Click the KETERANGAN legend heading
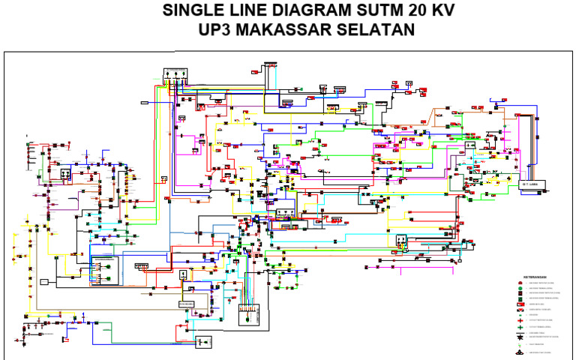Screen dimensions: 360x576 pyautogui.click(x=535, y=277)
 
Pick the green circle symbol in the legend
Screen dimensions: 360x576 pyautogui.click(x=520, y=288)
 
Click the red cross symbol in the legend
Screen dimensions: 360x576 pyautogui.click(x=520, y=320)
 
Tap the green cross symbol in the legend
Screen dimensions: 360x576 pyautogui.click(x=520, y=328)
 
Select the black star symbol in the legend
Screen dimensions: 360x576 pyautogui.click(x=520, y=337)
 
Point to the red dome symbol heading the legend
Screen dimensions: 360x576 pyautogui.click(x=520, y=283)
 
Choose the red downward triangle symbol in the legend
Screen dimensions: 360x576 pyautogui.click(x=520, y=310)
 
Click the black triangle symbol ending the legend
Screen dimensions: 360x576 pyautogui.click(x=520, y=352)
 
